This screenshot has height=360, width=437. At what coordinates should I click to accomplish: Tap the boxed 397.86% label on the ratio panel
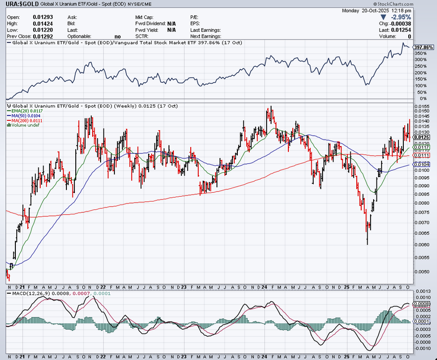424,47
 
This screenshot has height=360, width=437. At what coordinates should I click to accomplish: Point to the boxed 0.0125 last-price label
423,137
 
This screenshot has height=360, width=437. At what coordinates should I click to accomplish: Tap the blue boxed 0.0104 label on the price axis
423,164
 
